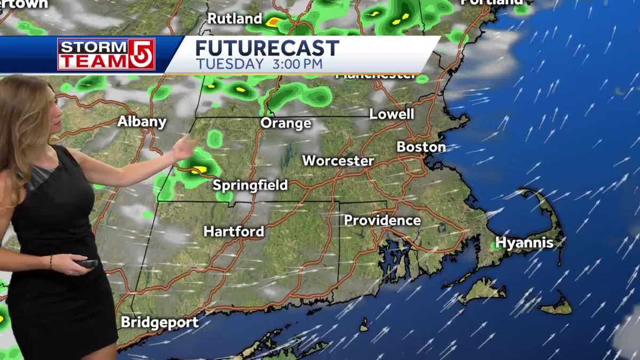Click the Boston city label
coord(421,147)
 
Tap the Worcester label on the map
coord(338,161)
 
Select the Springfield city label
coord(250,186)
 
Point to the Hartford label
coord(234,231)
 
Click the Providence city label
coord(382,220)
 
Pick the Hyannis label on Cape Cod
coord(524,243)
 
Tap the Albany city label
coord(142,122)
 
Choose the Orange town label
coord(286,124)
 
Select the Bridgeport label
coord(159,323)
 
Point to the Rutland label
coord(235,19)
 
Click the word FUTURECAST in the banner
coord(267,49)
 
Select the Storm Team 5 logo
coord(106,54)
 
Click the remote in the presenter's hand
coord(87,263)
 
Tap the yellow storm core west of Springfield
coord(199,170)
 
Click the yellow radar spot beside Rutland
coord(273,22)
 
